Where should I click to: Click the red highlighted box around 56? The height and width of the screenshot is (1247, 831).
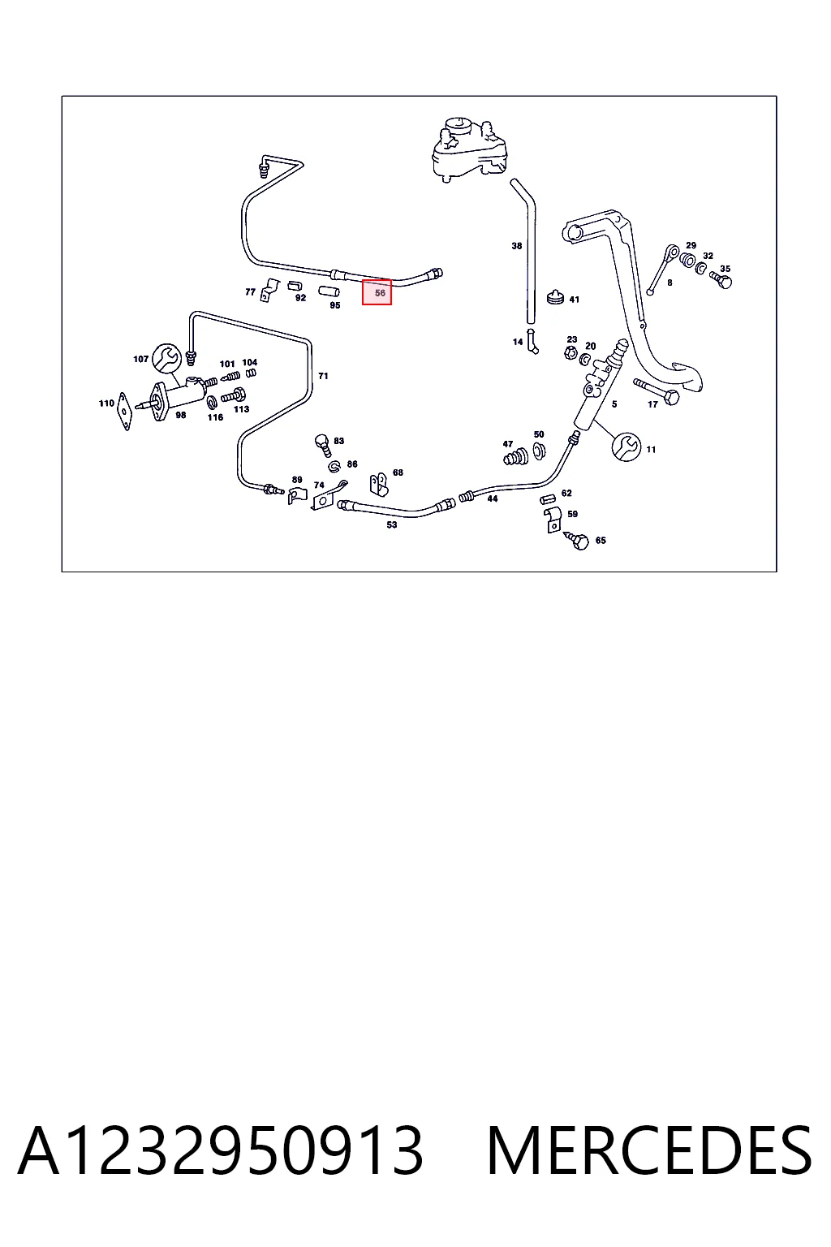tap(377, 292)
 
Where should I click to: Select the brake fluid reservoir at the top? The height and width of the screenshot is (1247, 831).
tap(471, 149)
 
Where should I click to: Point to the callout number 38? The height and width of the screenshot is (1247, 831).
tap(516, 245)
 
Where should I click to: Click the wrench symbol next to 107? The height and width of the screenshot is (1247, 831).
tap(166, 358)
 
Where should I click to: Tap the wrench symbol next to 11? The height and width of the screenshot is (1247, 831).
tap(626, 447)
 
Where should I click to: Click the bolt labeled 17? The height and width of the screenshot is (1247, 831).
tap(657, 391)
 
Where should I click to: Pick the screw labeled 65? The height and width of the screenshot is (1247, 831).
tap(577, 540)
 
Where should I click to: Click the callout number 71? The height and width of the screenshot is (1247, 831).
tap(323, 377)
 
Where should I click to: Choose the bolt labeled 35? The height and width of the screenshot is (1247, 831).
tap(722, 279)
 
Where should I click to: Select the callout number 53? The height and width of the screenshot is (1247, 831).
tap(392, 524)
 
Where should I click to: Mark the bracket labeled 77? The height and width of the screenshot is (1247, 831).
tap(270, 290)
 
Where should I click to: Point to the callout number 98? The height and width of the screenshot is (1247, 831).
tap(180, 415)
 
